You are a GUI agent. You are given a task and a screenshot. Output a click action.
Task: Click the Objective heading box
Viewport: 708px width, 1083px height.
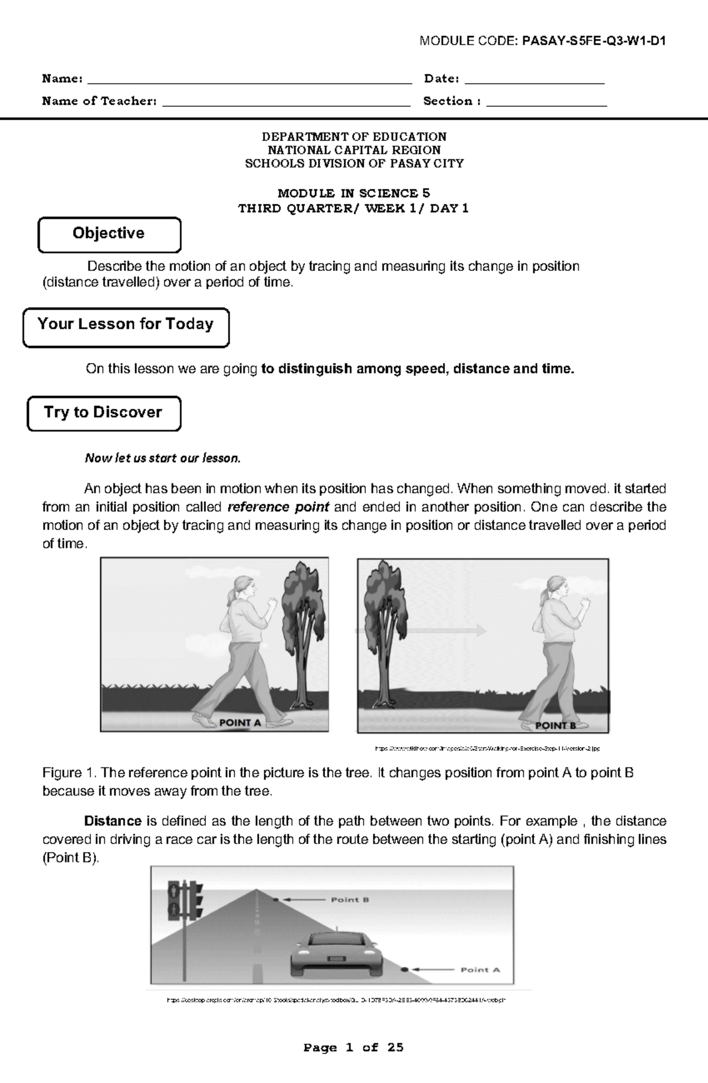pyautogui.click(x=109, y=234)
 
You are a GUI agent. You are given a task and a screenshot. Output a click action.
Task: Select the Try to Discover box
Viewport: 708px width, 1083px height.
pyautogui.click(x=104, y=413)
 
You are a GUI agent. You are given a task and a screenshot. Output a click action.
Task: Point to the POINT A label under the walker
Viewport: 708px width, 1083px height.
pyautogui.click(x=240, y=722)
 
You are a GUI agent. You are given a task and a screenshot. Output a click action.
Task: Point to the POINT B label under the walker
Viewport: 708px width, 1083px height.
pyautogui.click(x=555, y=725)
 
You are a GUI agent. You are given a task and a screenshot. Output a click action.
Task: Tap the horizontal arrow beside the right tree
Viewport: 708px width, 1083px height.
pyautogui.click(x=422, y=631)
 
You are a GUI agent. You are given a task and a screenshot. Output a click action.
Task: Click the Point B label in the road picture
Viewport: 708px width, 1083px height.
pyautogui.click(x=350, y=899)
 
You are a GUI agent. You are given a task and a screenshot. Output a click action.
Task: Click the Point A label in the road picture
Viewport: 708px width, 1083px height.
pyautogui.click(x=480, y=969)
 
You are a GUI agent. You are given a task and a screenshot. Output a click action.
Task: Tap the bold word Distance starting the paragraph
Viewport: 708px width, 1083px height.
pyautogui.click(x=113, y=821)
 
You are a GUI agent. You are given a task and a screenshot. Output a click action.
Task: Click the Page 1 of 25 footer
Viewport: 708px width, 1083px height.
pyautogui.click(x=353, y=1047)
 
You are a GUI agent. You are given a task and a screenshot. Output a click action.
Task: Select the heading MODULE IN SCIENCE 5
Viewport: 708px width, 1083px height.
pyautogui.click(x=353, y=193)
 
